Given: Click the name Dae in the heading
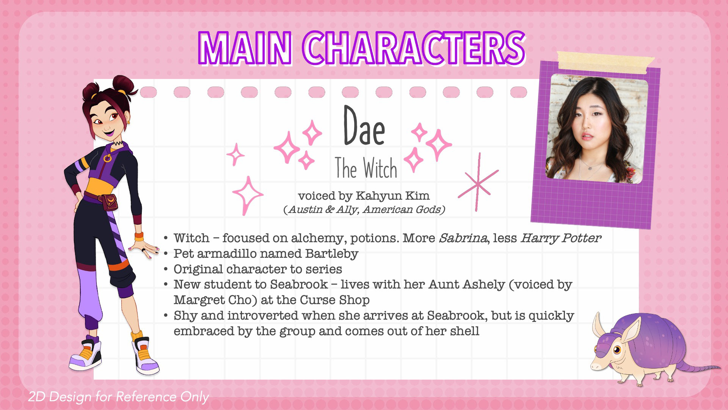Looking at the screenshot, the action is [x=364, y=126].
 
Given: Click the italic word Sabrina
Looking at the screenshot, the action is [x=463, y=238].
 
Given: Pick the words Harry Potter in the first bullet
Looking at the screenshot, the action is [x=560, y=238].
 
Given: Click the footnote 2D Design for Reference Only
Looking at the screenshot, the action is [x=118, y=397].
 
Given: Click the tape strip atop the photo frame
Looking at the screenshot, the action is [x=606, y=61].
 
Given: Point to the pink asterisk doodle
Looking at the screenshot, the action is [x=478, y=183].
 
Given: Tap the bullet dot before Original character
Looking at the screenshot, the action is [x=166, y=270].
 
